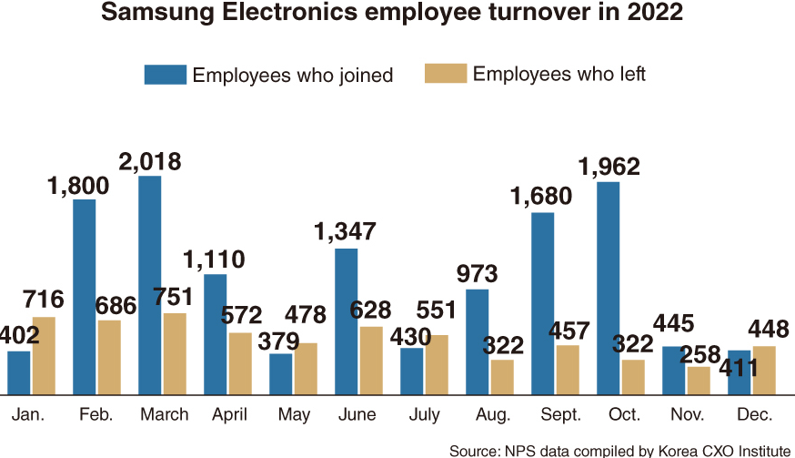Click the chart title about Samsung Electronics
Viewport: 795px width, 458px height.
(x=397, y=15)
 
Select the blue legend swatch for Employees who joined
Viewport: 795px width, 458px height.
(x=165, y=75)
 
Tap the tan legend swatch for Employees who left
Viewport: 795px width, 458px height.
(x=446, y=74)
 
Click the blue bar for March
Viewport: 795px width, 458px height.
(x=150, y=285)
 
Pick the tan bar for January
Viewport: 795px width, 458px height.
(x=44, y=355)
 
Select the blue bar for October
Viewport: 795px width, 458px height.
(x=609, y=288)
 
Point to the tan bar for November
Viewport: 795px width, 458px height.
(x=699, y=381)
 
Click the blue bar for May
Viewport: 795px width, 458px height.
(x=281, y=373)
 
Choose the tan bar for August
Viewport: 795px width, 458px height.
(x=502, y=376)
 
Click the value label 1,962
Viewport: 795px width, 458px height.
(x=609, y=168)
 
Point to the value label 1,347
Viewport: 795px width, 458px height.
(x=345, y=231)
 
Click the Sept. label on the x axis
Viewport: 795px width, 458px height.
(x=560, y=415)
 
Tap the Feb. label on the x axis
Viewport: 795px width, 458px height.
(x=96, y=415)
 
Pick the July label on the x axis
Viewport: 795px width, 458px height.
(x=424, y=415)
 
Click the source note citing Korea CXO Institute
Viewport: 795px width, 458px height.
(x=619, y=450)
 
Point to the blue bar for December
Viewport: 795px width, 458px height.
(x=740, y=371)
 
